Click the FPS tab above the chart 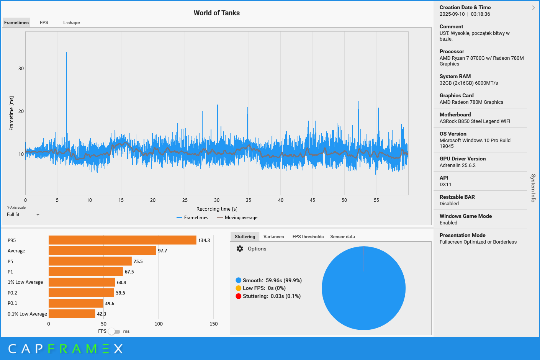coord(44,23)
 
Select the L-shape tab coord(72,23)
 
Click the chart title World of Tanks coord(216,13)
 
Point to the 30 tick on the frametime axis coord(21,69)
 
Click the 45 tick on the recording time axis coord(313,200)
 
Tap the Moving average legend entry coord(237,218)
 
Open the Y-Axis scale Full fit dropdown coord(23,215)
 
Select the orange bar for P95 coord(123,240)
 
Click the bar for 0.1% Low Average coord(72,314)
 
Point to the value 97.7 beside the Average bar coord(162,251)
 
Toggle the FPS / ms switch coord(114,331)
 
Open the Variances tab coord(273,237)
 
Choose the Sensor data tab coord(342,237)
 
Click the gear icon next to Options coord(240,249)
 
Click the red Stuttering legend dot coord(238,296)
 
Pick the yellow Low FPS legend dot coord(238,288)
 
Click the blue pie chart coord(363,288)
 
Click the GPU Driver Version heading coord(462,159)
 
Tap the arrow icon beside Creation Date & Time coord(533,8)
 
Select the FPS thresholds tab coord(308,237)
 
